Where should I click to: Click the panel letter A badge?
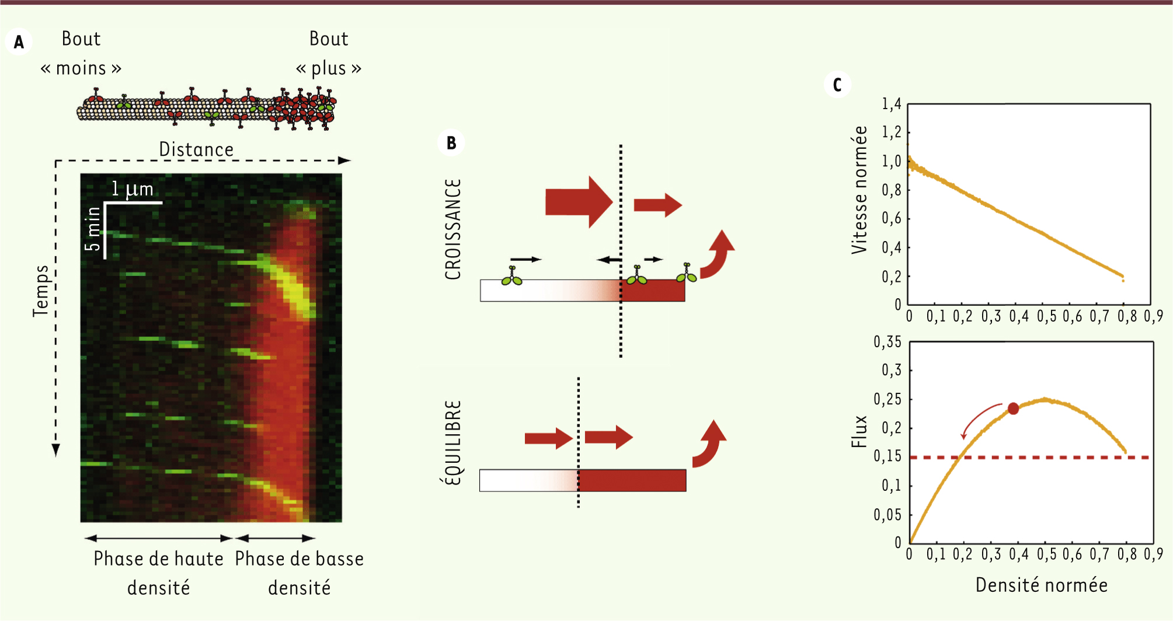click(19, 42)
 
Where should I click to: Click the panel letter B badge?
click(451, 143)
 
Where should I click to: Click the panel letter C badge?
click(837, 85)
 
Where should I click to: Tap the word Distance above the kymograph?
click(196, 149)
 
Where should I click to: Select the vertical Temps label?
click(41, 291)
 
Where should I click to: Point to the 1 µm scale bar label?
click(133, 189)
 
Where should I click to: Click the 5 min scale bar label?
click(93, 228)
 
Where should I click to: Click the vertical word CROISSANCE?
click(453, 229)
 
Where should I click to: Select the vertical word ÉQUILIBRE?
click(453, 442)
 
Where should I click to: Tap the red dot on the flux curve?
click(1013, 409)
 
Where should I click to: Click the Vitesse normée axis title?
click(859, 190)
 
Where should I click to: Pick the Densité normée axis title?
click(1042, 585)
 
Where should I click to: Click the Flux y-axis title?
click(859, 432)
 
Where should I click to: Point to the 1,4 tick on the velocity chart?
click(892, 104)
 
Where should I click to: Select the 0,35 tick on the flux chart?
click(887, 342)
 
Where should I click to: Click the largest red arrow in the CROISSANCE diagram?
click(579, 202)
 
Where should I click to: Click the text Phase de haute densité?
click(159, 573)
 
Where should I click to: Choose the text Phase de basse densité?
click(300, 573)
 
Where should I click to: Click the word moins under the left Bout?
click(81, 68)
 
